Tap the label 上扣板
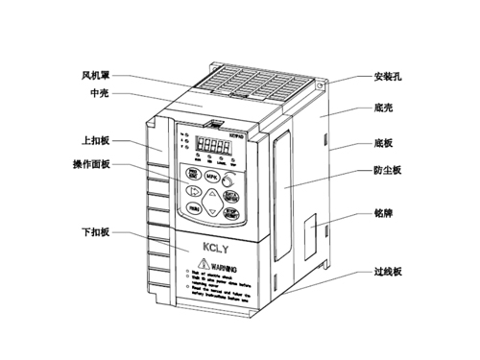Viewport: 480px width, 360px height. pos(96,141)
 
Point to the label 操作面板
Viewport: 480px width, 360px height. pos(92,164)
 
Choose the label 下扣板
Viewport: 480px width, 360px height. pos(96,231)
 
